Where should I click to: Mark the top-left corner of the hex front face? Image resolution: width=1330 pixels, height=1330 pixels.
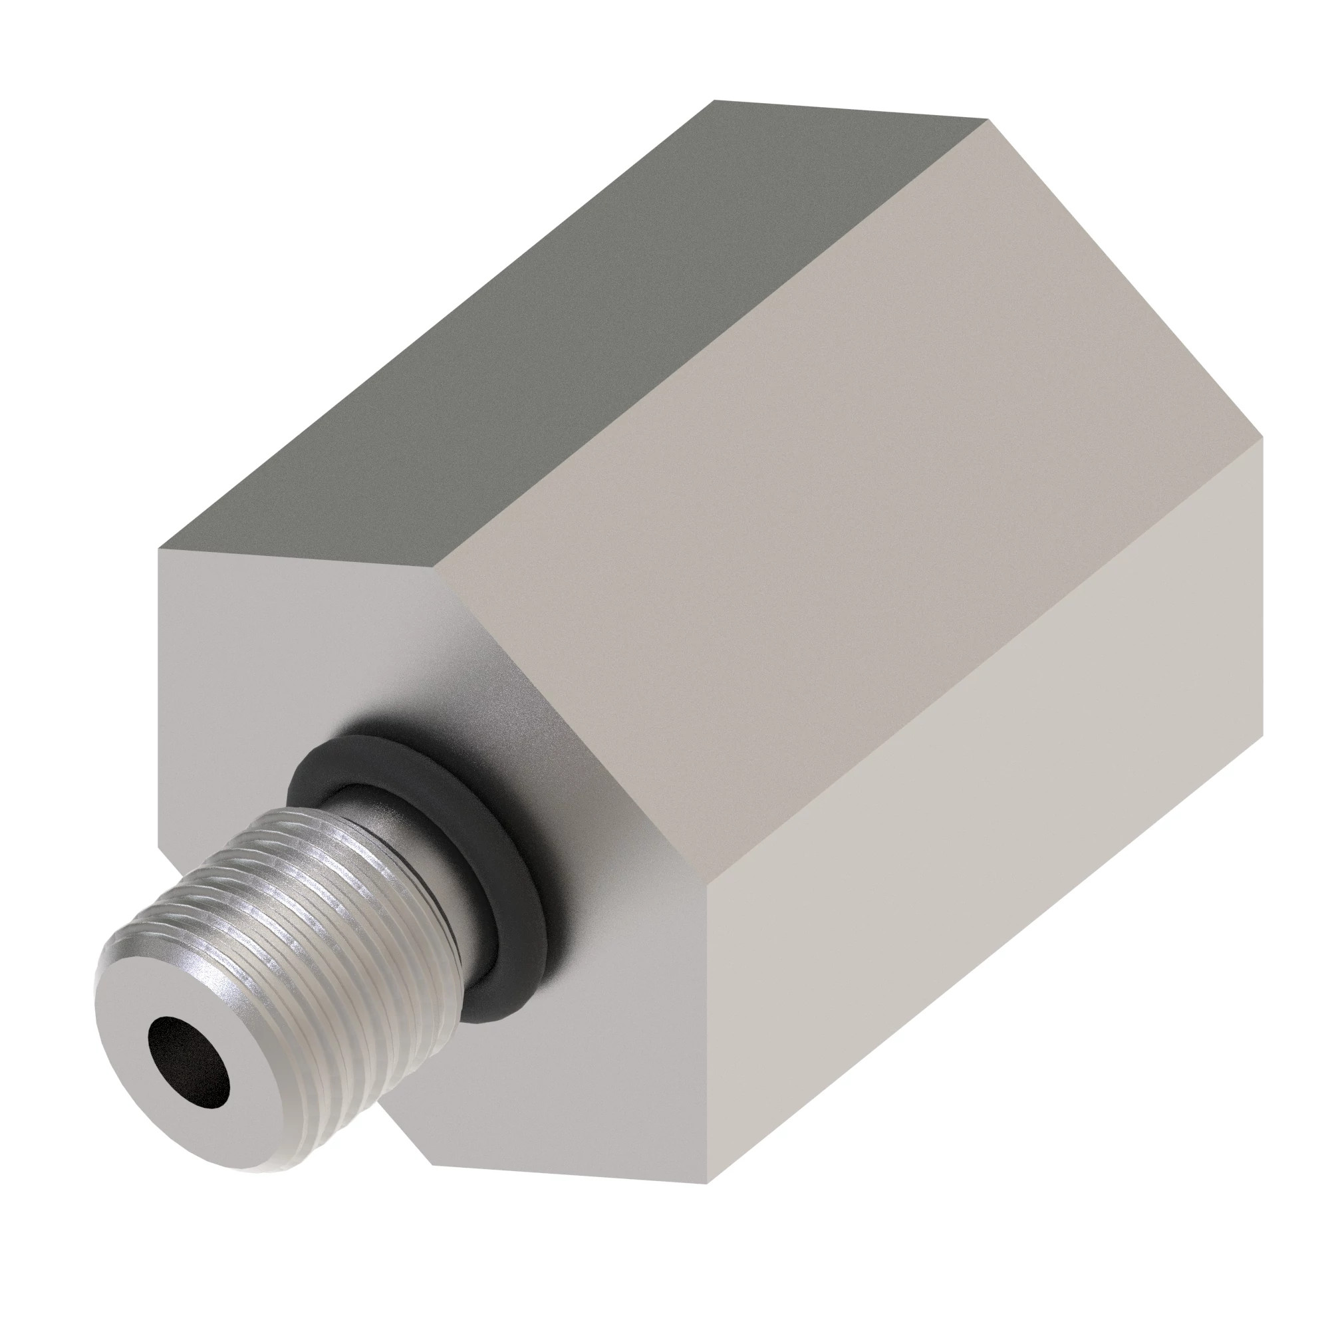pos(160,549)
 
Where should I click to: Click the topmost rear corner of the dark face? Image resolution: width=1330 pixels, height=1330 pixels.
pos(714,100)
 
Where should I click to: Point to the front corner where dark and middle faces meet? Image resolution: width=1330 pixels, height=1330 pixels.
pos(436,569)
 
